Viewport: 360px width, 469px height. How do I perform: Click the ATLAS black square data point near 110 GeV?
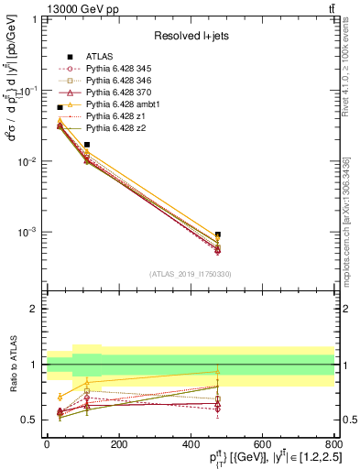click(x=87, y=145)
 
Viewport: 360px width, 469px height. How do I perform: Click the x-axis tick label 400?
click(x=191, y=443)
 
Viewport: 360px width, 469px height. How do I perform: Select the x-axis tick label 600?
click(x=262, y=443)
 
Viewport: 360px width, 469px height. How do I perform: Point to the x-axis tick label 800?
click(x=333, y=443)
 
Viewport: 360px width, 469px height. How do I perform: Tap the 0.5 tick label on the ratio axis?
click(x=31, y=420)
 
